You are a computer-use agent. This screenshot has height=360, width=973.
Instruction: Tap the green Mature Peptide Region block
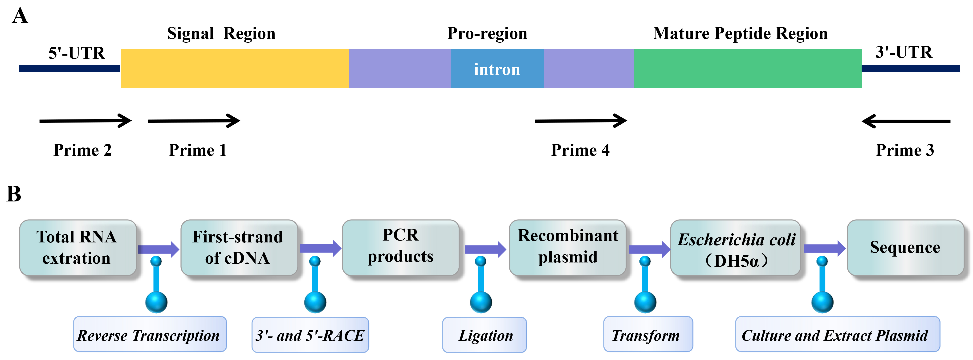click(748, 68)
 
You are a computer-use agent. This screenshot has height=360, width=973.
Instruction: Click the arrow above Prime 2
click(85, 121)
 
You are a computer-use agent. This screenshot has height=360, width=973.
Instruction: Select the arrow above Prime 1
click(194, 121)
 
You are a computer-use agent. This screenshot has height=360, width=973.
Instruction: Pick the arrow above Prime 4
click(581, 121)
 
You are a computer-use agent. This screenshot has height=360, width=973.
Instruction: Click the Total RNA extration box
click(78, 247)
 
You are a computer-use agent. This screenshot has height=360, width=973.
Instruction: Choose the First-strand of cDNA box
click(239, 247)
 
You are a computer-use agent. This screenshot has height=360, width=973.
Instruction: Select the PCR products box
click(400, 247)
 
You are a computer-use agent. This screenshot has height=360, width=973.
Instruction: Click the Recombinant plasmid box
click(567, 247)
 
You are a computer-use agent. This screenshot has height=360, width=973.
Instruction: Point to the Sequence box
click(905, 247)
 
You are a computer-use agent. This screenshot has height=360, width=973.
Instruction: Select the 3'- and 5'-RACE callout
click(310, 335)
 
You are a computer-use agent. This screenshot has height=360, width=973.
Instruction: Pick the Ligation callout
click(484, 335)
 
